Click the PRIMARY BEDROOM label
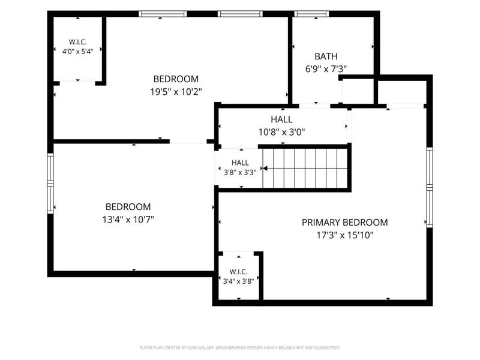click(344, 222)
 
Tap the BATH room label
click(326, 56)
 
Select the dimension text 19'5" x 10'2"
click(176, 92)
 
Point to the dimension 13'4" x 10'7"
click(128, 220)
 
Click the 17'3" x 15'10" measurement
click(345, 235)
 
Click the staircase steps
click(305, 168)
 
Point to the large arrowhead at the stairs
click(265, 169)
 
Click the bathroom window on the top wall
click(311, 14)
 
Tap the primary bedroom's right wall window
click(430, 187)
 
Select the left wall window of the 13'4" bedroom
click(50, 184)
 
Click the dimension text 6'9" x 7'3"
click(326, 69)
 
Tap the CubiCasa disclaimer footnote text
click(239, 348)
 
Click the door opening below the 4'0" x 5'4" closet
click(77, 83)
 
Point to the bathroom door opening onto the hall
click(314, 106)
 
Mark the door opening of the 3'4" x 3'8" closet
click(238, 253)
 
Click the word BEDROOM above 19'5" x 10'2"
click(176, 79)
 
